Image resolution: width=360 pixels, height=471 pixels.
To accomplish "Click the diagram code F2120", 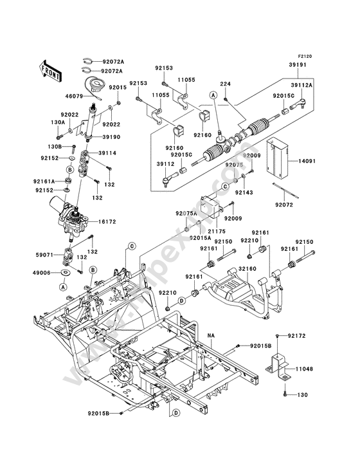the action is tap(305, 56).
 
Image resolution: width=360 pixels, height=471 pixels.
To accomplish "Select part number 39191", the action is tap(298, 65).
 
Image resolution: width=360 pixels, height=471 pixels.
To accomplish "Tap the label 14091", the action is tap(307, 162).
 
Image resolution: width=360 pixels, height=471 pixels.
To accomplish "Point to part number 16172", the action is tap(107, 222).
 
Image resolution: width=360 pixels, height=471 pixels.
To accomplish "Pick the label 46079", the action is tap(73, 97).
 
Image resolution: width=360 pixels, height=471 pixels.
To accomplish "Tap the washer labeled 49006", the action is tap(66, 273).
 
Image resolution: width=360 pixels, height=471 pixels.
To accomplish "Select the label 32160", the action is tap(248, 269).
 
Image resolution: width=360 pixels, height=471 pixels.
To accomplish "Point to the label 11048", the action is tap(304, 369).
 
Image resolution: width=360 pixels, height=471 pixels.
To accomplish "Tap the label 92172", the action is tap(297, 336).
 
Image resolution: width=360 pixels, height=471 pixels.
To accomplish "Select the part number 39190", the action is tap(111, 137).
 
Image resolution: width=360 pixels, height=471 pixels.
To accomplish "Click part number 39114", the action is tap(107, 153).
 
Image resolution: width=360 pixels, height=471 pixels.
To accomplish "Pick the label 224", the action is tap(225, 84).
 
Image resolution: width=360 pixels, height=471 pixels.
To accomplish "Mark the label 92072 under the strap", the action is tap(283, 205).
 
